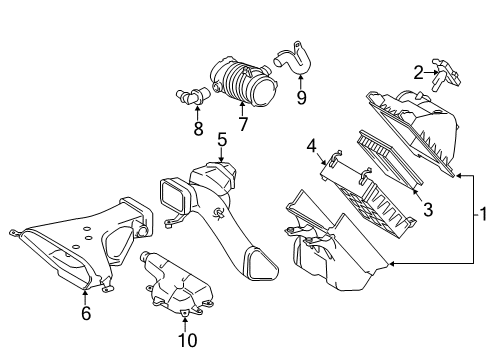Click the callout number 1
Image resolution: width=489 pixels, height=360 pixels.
click(x=481, y=214)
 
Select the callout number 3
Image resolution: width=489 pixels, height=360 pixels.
click(x=427, y=210)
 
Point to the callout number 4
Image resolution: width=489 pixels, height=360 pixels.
click(x=312, y=147)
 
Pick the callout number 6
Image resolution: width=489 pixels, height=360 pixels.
click(x=85, y=314)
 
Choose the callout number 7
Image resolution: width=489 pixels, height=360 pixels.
click(x=243, y=124)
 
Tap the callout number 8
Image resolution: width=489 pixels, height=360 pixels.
click(x=198, y=129)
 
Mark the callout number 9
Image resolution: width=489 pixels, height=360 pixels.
click(x=301, y=97)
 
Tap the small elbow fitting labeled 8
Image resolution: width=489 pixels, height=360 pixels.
click(x=189, y=98)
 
